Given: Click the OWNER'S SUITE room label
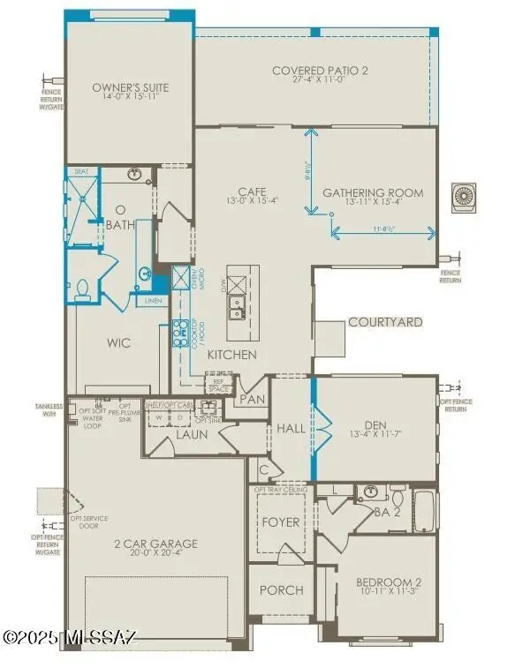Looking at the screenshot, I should [130, 87].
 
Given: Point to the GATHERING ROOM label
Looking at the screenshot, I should [372, 192].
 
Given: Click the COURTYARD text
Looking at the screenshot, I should [384, 322].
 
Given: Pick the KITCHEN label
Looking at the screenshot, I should [231, 355].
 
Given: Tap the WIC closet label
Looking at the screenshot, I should [119, 342].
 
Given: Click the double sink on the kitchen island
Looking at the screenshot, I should [236, 307].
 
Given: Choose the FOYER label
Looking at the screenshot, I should [280, 522].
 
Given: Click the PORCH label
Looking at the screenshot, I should [280, 589].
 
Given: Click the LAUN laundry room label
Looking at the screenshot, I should [191, 434].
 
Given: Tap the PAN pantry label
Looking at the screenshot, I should [251, 400].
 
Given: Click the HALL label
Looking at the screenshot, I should [291, 429].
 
